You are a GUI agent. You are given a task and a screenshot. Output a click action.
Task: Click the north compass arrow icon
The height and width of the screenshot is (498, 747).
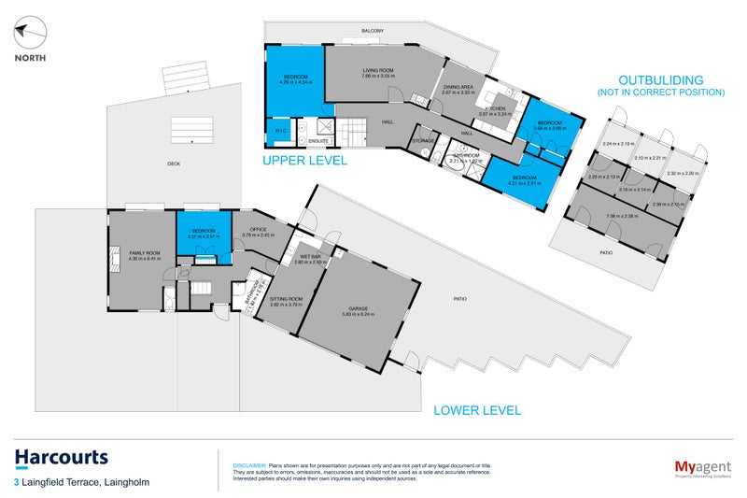30,35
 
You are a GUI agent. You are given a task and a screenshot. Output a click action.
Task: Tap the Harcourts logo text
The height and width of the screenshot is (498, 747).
62,457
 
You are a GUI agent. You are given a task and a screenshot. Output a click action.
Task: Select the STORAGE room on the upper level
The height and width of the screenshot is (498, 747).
422,141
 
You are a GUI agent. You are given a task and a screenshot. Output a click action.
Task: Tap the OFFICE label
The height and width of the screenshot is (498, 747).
257,230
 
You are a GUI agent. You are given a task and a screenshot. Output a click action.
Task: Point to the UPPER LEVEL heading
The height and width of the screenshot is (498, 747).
304,161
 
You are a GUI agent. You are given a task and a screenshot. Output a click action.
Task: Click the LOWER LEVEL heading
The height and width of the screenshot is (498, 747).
476,409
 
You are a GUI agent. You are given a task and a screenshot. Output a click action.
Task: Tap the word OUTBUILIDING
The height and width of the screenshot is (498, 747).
660,80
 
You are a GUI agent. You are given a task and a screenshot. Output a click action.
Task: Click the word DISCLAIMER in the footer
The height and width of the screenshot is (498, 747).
248,464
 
